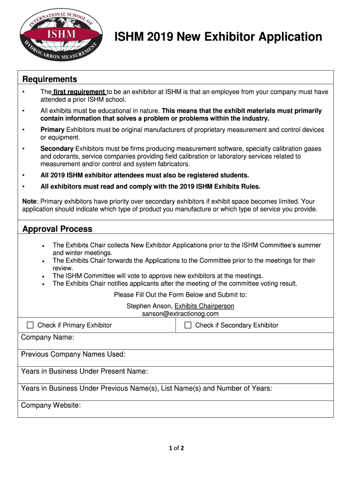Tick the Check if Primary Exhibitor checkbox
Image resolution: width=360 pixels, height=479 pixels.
30,325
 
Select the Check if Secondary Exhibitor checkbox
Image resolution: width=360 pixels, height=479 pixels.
188,325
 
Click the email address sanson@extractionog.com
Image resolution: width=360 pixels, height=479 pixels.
180,314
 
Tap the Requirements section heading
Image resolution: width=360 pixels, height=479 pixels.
50,79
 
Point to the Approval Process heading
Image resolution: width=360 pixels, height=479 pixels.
58,229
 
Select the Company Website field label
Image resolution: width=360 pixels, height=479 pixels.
51,406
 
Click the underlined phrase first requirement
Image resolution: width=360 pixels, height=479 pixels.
79,92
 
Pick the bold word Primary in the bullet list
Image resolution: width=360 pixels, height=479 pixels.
53,130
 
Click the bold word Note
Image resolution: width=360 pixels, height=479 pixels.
30,201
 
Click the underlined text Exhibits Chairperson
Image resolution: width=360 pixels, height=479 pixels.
204,306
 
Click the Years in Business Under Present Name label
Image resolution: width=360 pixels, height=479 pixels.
85,371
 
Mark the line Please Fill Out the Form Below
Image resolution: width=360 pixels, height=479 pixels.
180,295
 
